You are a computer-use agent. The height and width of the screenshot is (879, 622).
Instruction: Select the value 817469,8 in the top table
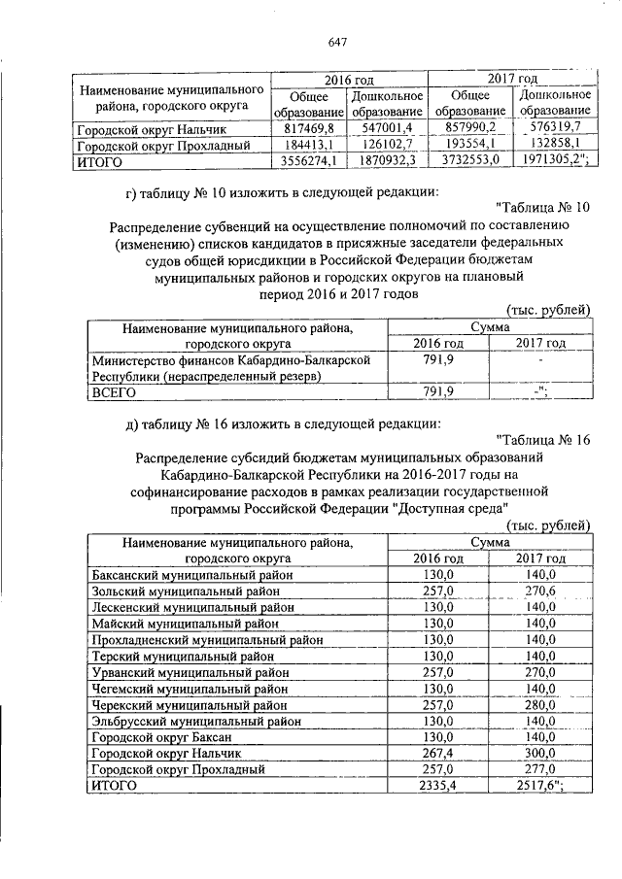pyautogui.click(x=307, y=128)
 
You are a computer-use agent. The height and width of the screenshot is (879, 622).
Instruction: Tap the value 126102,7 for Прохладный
pyautogui.click(x=387, y=145)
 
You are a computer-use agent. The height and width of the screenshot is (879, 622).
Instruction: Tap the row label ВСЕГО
pyautogui.click(x=113, y=393)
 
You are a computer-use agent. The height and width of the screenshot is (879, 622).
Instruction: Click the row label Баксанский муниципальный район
pyautogui.click(x=191, y=575)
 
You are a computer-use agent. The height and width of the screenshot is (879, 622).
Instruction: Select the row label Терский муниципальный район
pyautogui.click(x=182, y=656)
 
